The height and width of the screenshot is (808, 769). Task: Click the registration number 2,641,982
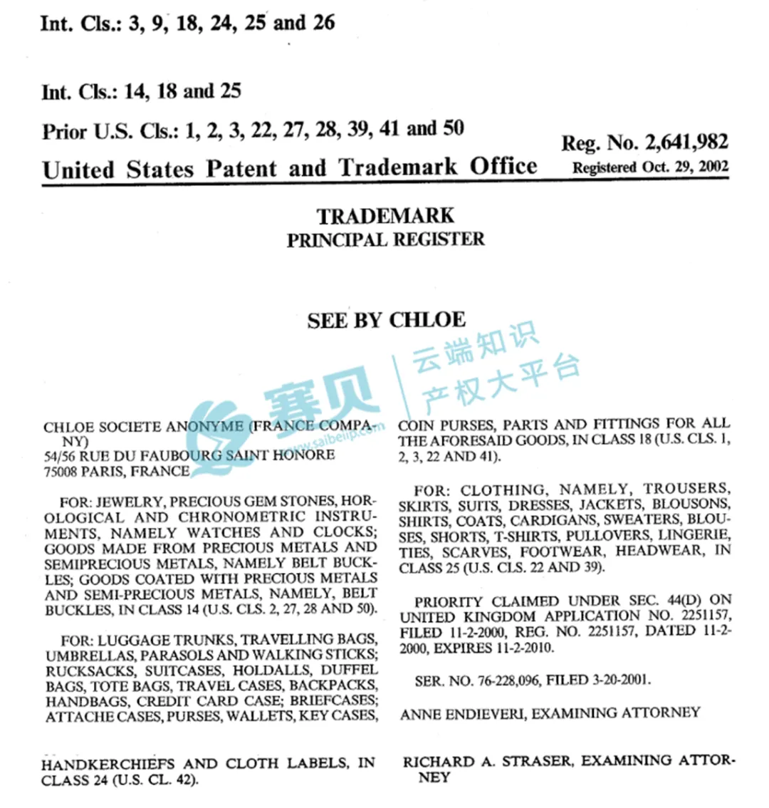coord(686,143)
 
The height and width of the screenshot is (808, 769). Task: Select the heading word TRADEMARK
coord(385,216)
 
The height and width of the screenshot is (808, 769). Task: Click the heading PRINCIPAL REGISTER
coord(385,239)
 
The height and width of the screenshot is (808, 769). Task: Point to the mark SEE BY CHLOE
coord(386,321)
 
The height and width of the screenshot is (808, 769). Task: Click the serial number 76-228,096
coord(506,680)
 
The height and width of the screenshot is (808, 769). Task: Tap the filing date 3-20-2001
coord(621,680)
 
